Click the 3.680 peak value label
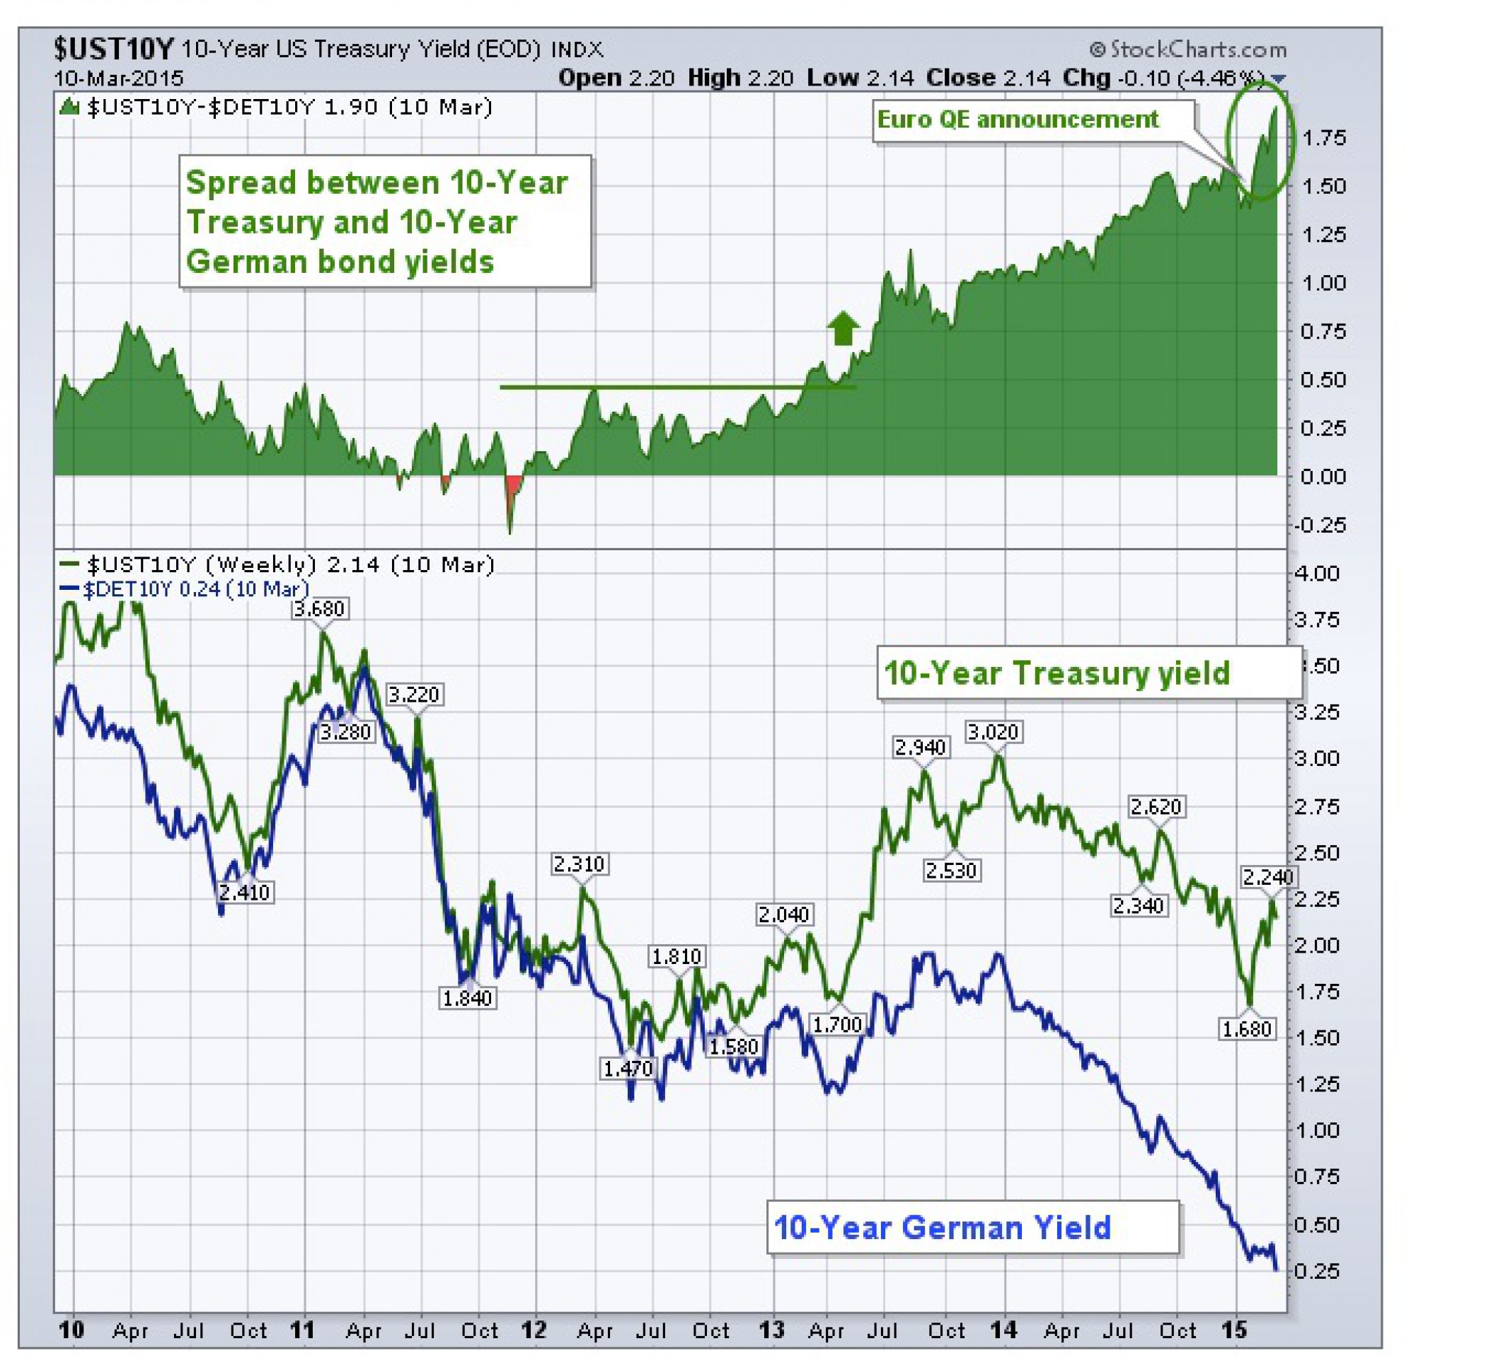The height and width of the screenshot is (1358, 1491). coord(318,608)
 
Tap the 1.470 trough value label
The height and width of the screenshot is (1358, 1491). coord(628,1068)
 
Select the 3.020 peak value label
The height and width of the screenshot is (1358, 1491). coord(994,732)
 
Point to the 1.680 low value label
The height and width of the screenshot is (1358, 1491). coord(1246,1029)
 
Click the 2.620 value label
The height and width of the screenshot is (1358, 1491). coord(1156,806)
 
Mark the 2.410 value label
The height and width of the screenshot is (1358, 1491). coord(244,893)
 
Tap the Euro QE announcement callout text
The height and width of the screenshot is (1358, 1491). coord(1018,119)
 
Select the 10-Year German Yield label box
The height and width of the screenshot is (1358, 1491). coord(972,1227)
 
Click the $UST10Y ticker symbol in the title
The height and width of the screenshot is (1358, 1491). coord(113,50)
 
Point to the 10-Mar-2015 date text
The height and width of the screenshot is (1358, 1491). coord(118,78)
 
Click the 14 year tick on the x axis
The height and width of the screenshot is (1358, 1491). coord(1003,1330)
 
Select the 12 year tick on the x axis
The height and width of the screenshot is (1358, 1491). coord(534,1330)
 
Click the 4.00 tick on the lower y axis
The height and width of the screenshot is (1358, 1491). coord(1317,574)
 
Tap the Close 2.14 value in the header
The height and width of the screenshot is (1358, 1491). coord(988,78)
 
